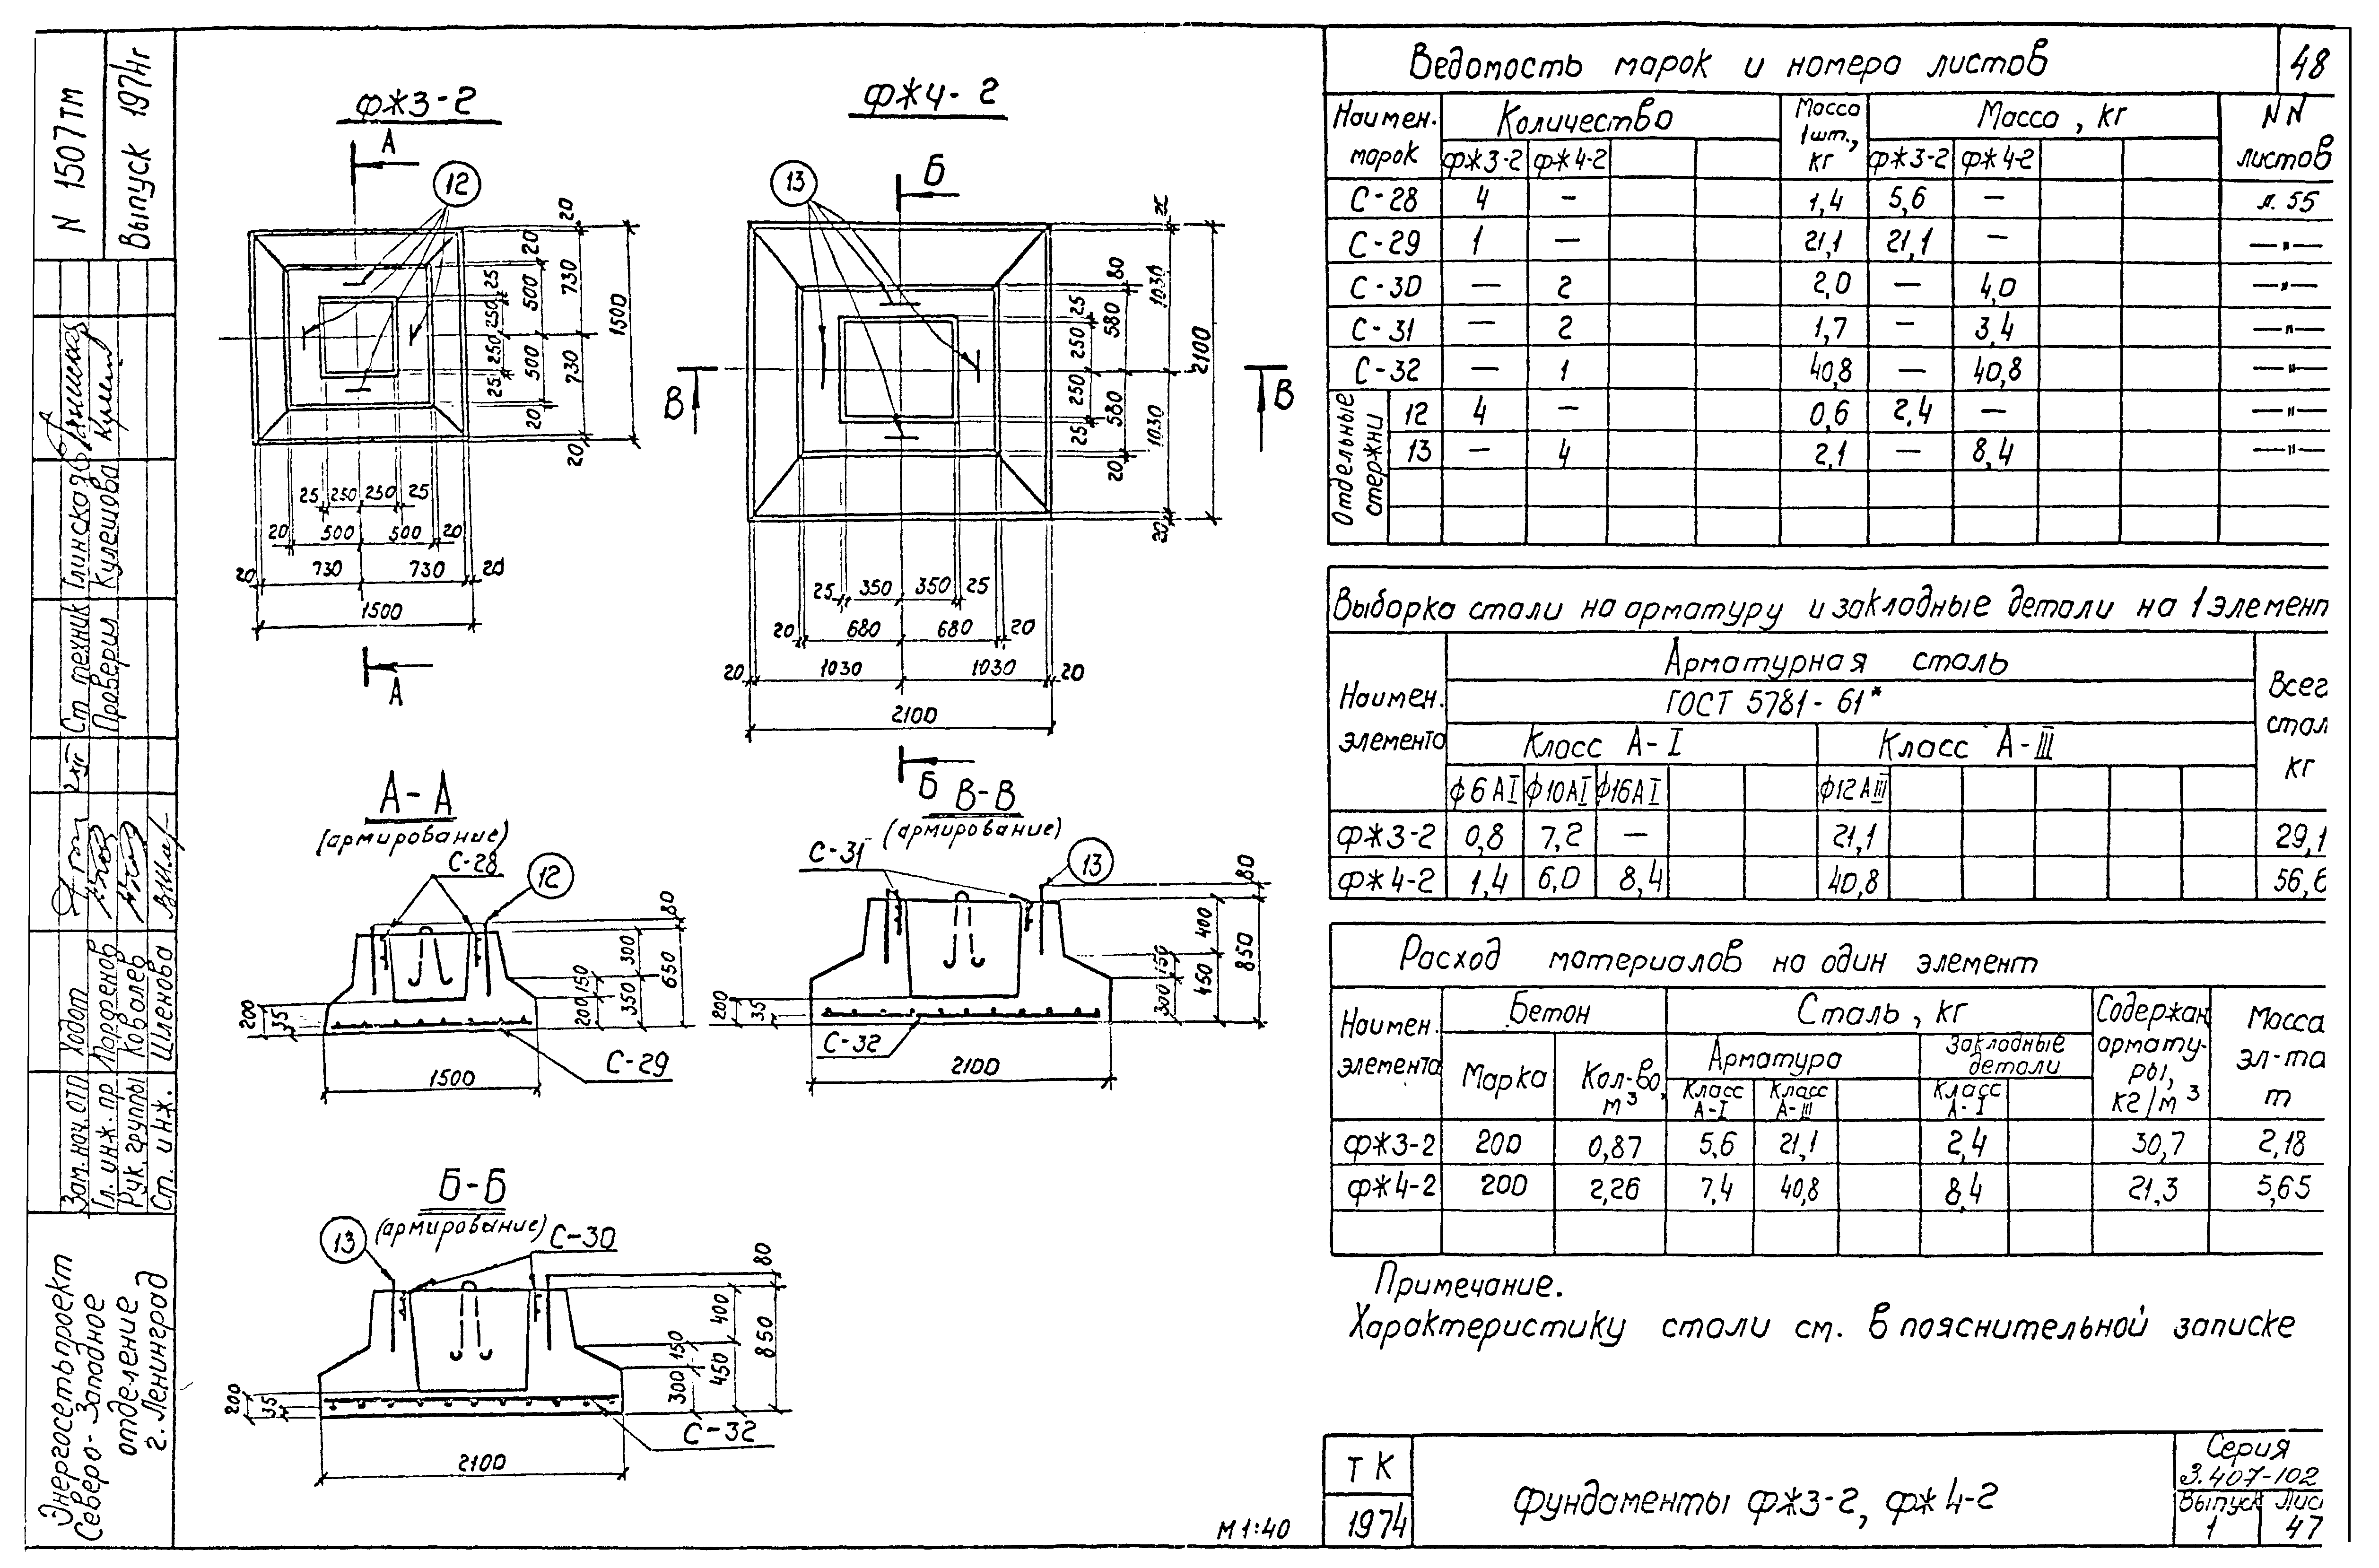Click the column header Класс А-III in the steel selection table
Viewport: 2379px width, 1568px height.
pos(1966,746)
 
